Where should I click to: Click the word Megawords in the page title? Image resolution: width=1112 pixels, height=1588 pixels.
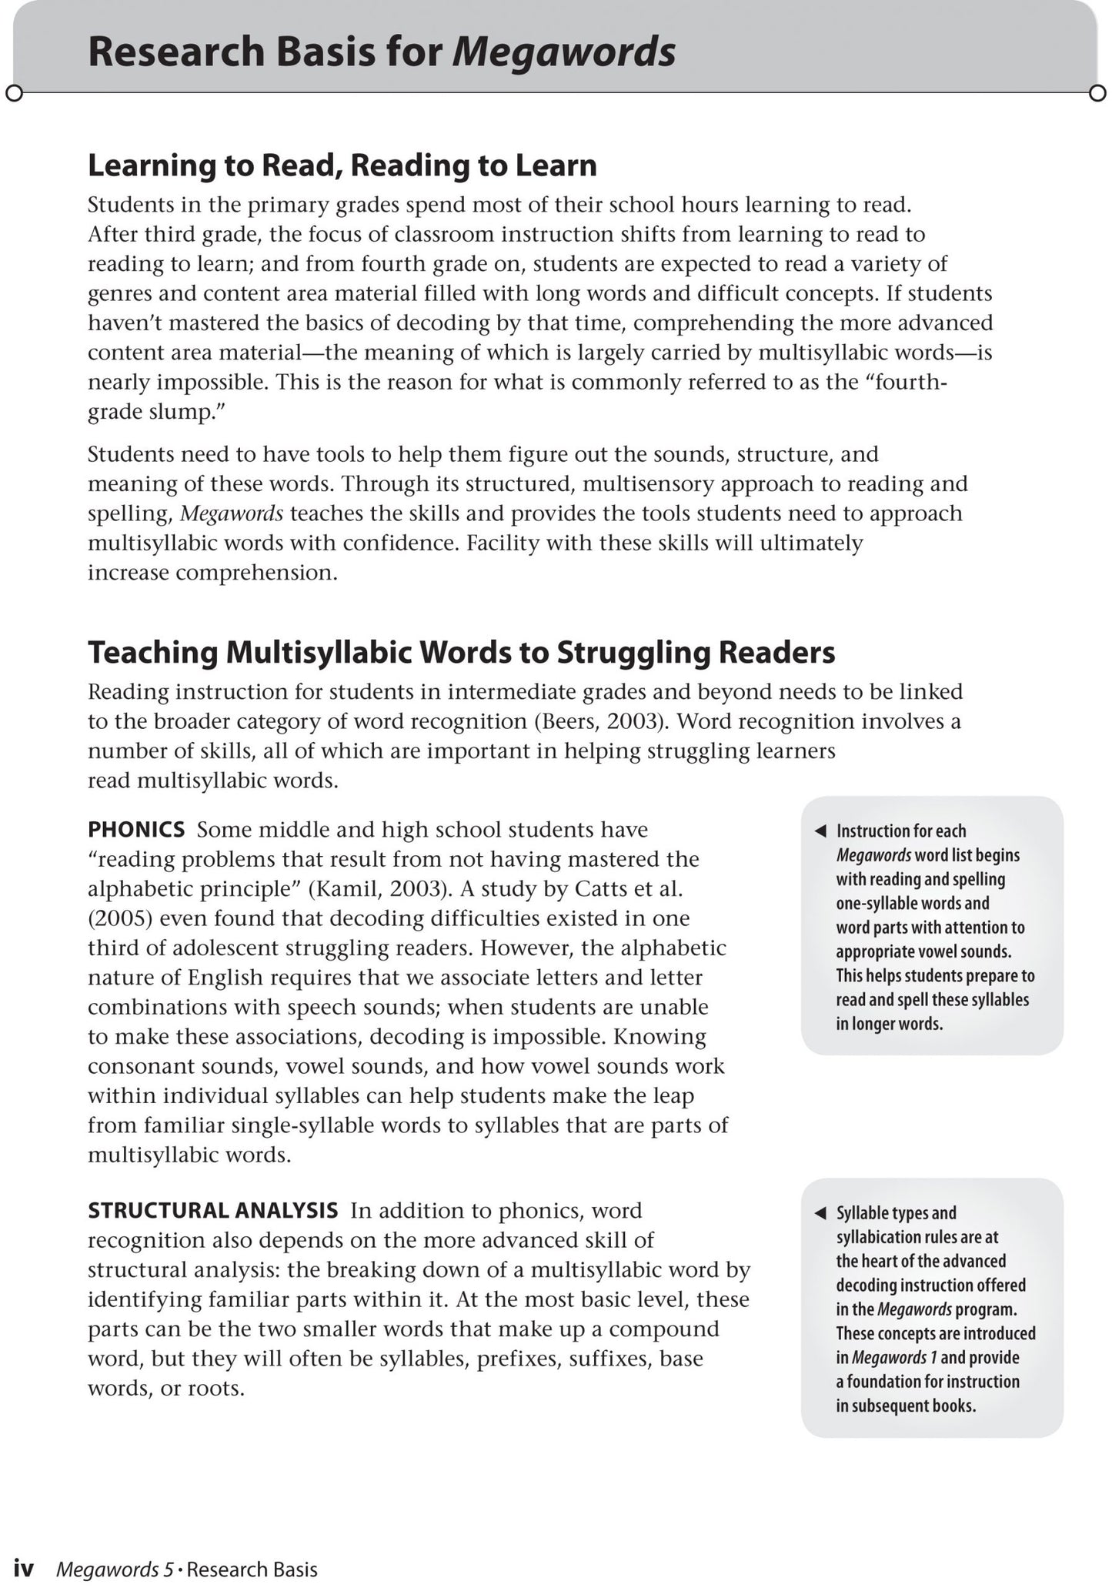click(563, 53)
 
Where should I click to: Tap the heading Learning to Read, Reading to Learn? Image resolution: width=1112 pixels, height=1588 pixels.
click(342, 165)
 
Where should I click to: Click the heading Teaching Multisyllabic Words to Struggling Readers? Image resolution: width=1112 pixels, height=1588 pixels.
click(461, 652)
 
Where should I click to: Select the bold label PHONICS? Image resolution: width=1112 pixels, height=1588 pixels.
click(136, 829)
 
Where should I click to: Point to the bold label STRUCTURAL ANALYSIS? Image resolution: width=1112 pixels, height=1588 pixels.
click(212, 1210)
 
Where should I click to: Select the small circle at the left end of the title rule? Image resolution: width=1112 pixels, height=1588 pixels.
click(14, 93)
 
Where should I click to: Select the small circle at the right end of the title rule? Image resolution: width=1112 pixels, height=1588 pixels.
click(1097, 93)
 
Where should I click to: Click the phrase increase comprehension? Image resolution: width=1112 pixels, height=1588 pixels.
click(212, 573)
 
